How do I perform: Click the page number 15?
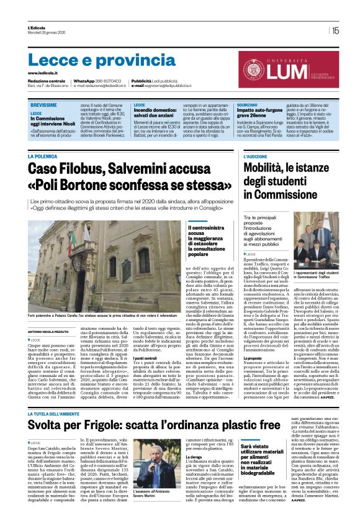pos(335,30)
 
